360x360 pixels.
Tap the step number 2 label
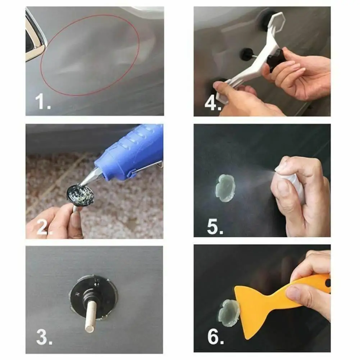point(42,227)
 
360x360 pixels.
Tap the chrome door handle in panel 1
point(34,40)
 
